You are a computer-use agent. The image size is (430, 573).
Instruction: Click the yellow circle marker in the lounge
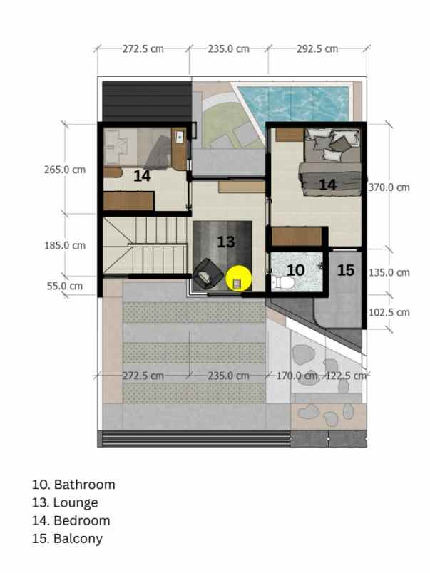239,279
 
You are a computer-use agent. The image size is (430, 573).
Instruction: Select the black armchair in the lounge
208,273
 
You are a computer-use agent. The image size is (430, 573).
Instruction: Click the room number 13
226,242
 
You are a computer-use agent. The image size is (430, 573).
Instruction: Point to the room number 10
295,270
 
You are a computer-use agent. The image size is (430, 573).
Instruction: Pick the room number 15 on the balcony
345,270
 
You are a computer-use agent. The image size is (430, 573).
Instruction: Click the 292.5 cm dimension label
318,49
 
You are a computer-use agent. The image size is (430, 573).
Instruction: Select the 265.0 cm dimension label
64,170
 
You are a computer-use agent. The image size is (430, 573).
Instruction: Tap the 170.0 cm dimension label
297,375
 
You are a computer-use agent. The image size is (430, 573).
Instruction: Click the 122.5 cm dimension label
346,375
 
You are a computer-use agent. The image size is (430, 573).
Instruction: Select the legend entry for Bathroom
73,485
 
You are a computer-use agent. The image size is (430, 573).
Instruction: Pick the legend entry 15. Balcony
67,538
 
